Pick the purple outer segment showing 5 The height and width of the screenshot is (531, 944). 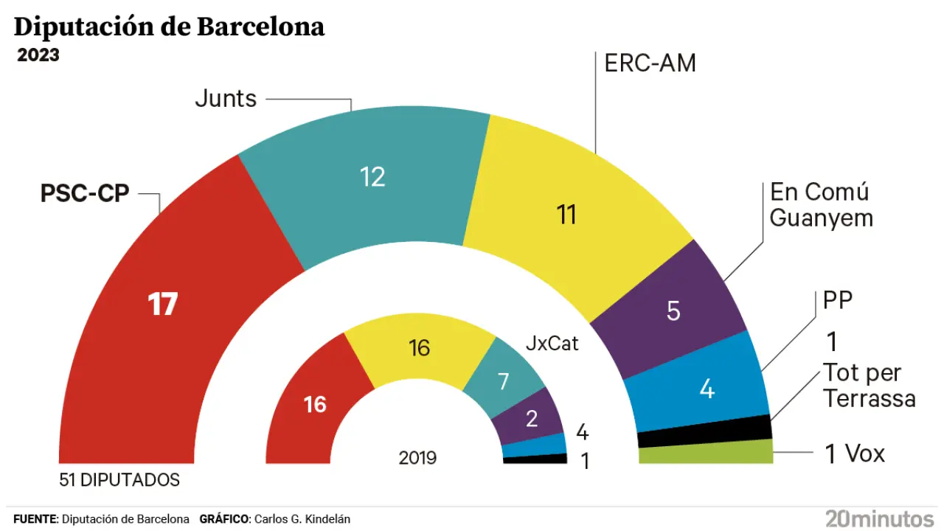click(x=673, y=310)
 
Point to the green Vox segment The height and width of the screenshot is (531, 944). click(x=705, y=452)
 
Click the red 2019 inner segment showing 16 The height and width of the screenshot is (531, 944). click(x=315, y=404)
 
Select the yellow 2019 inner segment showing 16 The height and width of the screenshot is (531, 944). click(x=419, y=347)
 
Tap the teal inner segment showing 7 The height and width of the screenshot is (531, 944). click(x=504, y=381)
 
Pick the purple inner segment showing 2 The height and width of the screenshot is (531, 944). click(x=531, y=418)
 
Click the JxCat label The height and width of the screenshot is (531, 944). click(x=552, y=343)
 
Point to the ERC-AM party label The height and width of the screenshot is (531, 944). click(x=650, y=63)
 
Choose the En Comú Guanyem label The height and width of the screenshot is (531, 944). click(x=821, y=204)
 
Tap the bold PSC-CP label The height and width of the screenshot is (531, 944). click(x=85, y=193)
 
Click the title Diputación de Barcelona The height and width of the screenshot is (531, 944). click(x=169, y=27)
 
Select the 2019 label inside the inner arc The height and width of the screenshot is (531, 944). click(x=417, y=458)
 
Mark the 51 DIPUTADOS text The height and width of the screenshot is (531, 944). click(x=119, y=480)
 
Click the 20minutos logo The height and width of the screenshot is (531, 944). click(x=880, y=518)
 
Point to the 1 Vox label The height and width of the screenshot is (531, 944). click(x=854, y=454)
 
